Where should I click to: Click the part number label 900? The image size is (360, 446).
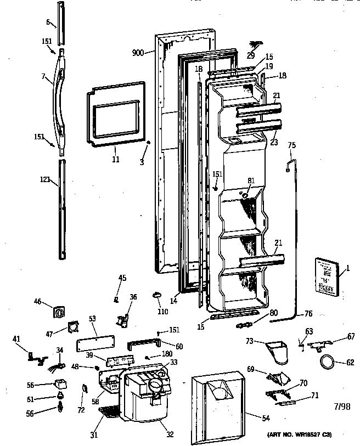pos(138,53)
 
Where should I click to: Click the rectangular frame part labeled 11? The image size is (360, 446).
pos(116,114)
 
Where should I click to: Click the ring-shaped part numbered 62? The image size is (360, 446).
pos(327,362)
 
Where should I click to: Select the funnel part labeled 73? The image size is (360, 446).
pos(278,351)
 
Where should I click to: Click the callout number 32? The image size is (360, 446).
pos(170,434)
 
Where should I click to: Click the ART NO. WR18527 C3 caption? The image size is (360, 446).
pos(300,434)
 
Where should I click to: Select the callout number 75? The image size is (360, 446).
pos(291,145)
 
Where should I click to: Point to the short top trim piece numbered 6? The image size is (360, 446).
pos(60,22)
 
